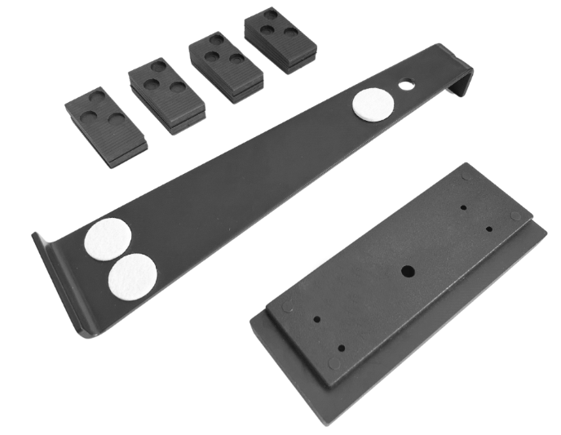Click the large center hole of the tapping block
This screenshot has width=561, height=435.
404,270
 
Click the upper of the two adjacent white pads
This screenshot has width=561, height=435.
108,240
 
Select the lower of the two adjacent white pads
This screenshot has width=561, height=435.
132,275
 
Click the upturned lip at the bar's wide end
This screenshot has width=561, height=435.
57,282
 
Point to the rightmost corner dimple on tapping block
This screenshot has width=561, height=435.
515,216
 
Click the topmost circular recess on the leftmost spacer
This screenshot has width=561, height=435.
98,96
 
